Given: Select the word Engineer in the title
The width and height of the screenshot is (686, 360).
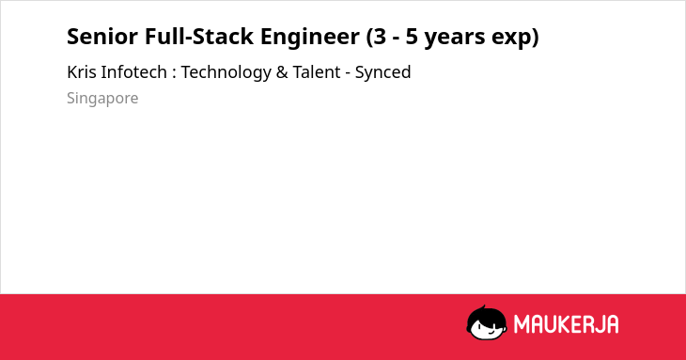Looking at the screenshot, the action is pyautogui.click(x=310, y=38).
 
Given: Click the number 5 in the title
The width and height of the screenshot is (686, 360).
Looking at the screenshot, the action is pyautogui.click(x=413, y=37).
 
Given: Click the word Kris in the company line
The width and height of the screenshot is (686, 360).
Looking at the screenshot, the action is pyautogui.click(x=82, y=72).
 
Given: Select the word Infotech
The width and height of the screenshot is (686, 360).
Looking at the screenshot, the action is pyautogui.click(x=133, y=72).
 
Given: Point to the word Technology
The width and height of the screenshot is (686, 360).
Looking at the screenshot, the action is pyautogui.click(x=226, y=73).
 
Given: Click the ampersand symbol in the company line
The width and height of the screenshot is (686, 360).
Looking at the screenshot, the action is pyautogui.click(x=282, y=72).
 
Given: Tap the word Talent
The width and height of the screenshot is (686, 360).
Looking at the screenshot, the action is pyautogui.click(x=317, y=72).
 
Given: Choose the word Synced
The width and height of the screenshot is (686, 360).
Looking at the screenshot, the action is pyautogui.click(x=382, y=73).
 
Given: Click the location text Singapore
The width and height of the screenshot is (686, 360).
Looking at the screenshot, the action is pyautogui.click(x=102, y=99).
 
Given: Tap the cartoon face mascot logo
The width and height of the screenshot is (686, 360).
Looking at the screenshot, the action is pyautogui.click(x=487, y=322).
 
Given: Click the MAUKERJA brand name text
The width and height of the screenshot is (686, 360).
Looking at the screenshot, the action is pyautogui.click(x=566, y=324).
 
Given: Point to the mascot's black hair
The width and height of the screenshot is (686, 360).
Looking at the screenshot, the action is pyautogui.click(x=486, y=314).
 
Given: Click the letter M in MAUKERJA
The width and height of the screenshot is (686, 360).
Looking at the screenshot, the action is pyautogui.click(x=522, y=324).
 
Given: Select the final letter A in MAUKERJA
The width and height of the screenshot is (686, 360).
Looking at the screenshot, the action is pyautogui.click(x=612, y=324).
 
